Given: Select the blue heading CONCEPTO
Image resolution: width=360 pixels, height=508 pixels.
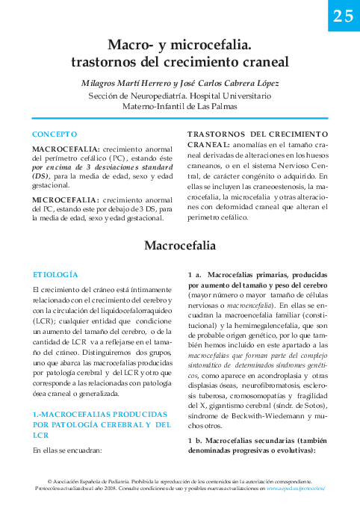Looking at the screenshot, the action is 55,134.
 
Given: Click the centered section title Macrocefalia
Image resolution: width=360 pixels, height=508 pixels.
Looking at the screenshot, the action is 179,245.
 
